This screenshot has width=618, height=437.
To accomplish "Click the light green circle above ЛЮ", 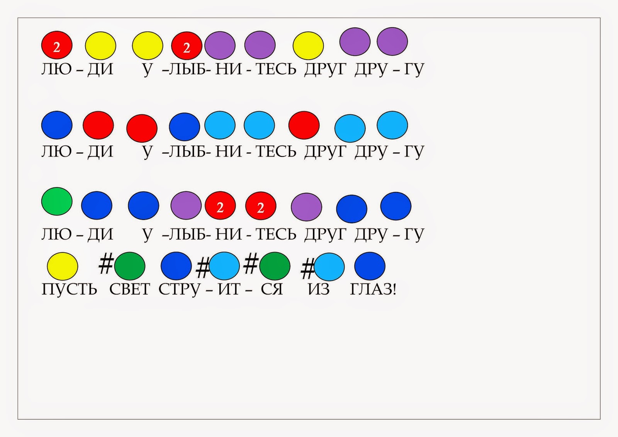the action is pyautogui.click(x=57, y=201).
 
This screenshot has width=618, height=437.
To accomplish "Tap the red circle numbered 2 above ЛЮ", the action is pyautogui.click(x=57, y=45).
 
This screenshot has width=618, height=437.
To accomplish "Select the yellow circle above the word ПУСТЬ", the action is pyautogui.click(x=63, y=266).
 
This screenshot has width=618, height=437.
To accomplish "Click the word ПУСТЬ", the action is pyautogui.click(x=69, y=289).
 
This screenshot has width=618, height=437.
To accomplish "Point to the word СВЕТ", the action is pyautogui.click(x=130, y=289).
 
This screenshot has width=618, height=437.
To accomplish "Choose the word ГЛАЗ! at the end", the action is pyautogui.click(x=373, y=289).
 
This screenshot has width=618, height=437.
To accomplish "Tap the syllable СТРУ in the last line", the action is pyautogui.click(x=179, y=290).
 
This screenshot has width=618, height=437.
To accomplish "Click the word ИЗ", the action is pyautogui.click(x=319, y=289).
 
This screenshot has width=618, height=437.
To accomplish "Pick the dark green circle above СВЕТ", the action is pyautogui.click(x=130, y=266).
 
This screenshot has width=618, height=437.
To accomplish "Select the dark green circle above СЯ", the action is pyautogui.click(x=275, y=266).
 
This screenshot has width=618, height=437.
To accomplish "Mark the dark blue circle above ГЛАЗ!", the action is pyautogui.click(x=370, y=266).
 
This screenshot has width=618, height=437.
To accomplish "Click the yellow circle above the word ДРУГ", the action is pyautogui.click(x=308, y=46).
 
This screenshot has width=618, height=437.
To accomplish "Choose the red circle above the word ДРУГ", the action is pyautogui.click(x=304, y=125).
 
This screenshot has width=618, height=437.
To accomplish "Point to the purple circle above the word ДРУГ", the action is pyautogui.click(x=307, y=207).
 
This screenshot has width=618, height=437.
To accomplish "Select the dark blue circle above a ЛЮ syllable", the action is pyautogui.click(x=57, y=125).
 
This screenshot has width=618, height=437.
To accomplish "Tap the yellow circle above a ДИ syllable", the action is pyautogui.click(x=101, y=46).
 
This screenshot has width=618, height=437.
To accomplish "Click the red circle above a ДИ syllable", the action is pyautogui.click(x=98, y=125).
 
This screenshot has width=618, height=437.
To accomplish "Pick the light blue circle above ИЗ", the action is pyautogui.click(x=329, y=267).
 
